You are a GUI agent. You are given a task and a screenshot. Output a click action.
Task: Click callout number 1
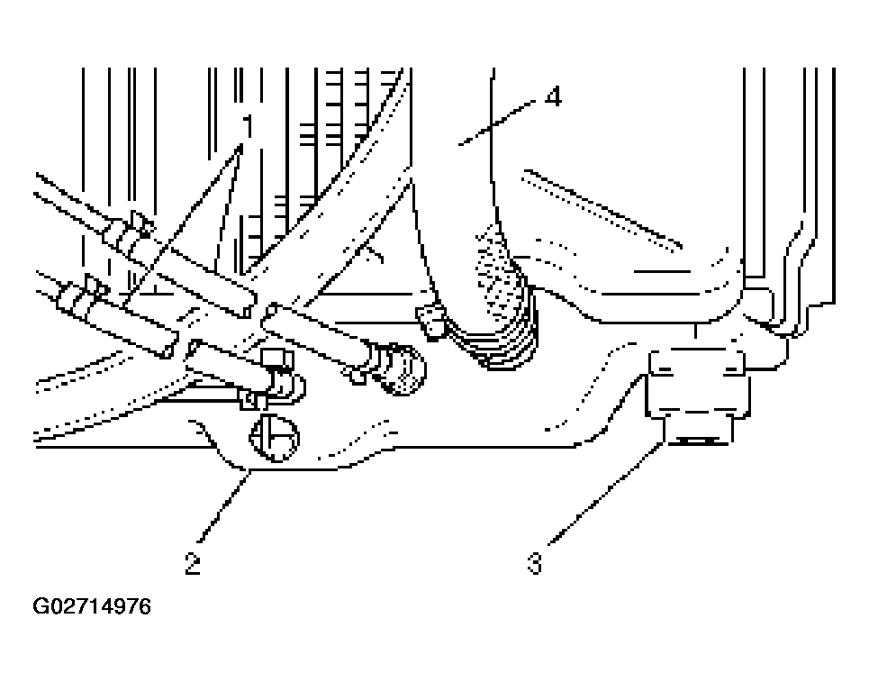tap(248, 126)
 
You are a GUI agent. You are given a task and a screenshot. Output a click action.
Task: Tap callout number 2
tap(193, 563)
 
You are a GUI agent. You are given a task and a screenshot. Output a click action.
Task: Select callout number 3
tap(535, 563)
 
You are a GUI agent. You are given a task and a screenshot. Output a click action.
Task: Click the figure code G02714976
tap(92, 606)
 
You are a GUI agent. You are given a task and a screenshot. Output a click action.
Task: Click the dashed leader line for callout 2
tap(223, 505)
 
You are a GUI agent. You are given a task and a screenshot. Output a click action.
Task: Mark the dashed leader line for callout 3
tap(606, 493)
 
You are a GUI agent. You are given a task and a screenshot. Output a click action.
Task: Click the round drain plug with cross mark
tap(275, 438)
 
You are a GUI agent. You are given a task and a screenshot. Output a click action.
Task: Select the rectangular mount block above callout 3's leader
tap(698, 383)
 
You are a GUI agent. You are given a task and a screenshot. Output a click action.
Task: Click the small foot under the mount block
tap(698, 431)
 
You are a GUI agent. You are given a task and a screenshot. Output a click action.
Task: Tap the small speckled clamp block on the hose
tap(431, 321)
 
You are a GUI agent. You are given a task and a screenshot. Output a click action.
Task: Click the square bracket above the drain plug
tap(276, 359)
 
